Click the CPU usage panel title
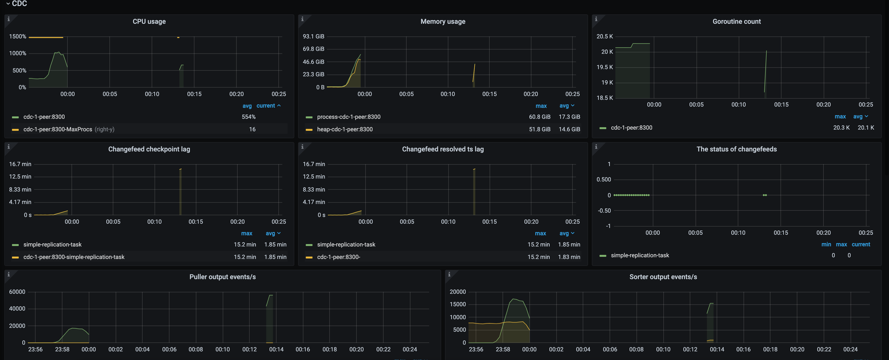click(149, 21)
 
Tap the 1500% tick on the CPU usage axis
click(18, 36)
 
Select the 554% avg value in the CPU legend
click(248, 117)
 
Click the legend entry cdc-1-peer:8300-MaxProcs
click(58, 129)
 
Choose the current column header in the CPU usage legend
click(266, 106)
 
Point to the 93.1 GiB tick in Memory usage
click(313, 36)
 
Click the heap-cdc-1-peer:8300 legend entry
click(344, 129)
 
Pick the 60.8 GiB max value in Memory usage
click(539, 117)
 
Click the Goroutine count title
click(736, 21)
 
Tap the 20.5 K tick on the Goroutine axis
click(605, 36)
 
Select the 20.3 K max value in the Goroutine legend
click(841, 127)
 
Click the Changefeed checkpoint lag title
click(149, 149)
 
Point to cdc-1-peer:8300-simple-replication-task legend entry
click(74, 257)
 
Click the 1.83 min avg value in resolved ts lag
click(569, 257)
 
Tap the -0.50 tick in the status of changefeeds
click(604, 210)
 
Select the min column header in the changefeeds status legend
click(826, 244)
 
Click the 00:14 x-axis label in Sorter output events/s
click(717, 349)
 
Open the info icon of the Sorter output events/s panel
click(449, 274)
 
